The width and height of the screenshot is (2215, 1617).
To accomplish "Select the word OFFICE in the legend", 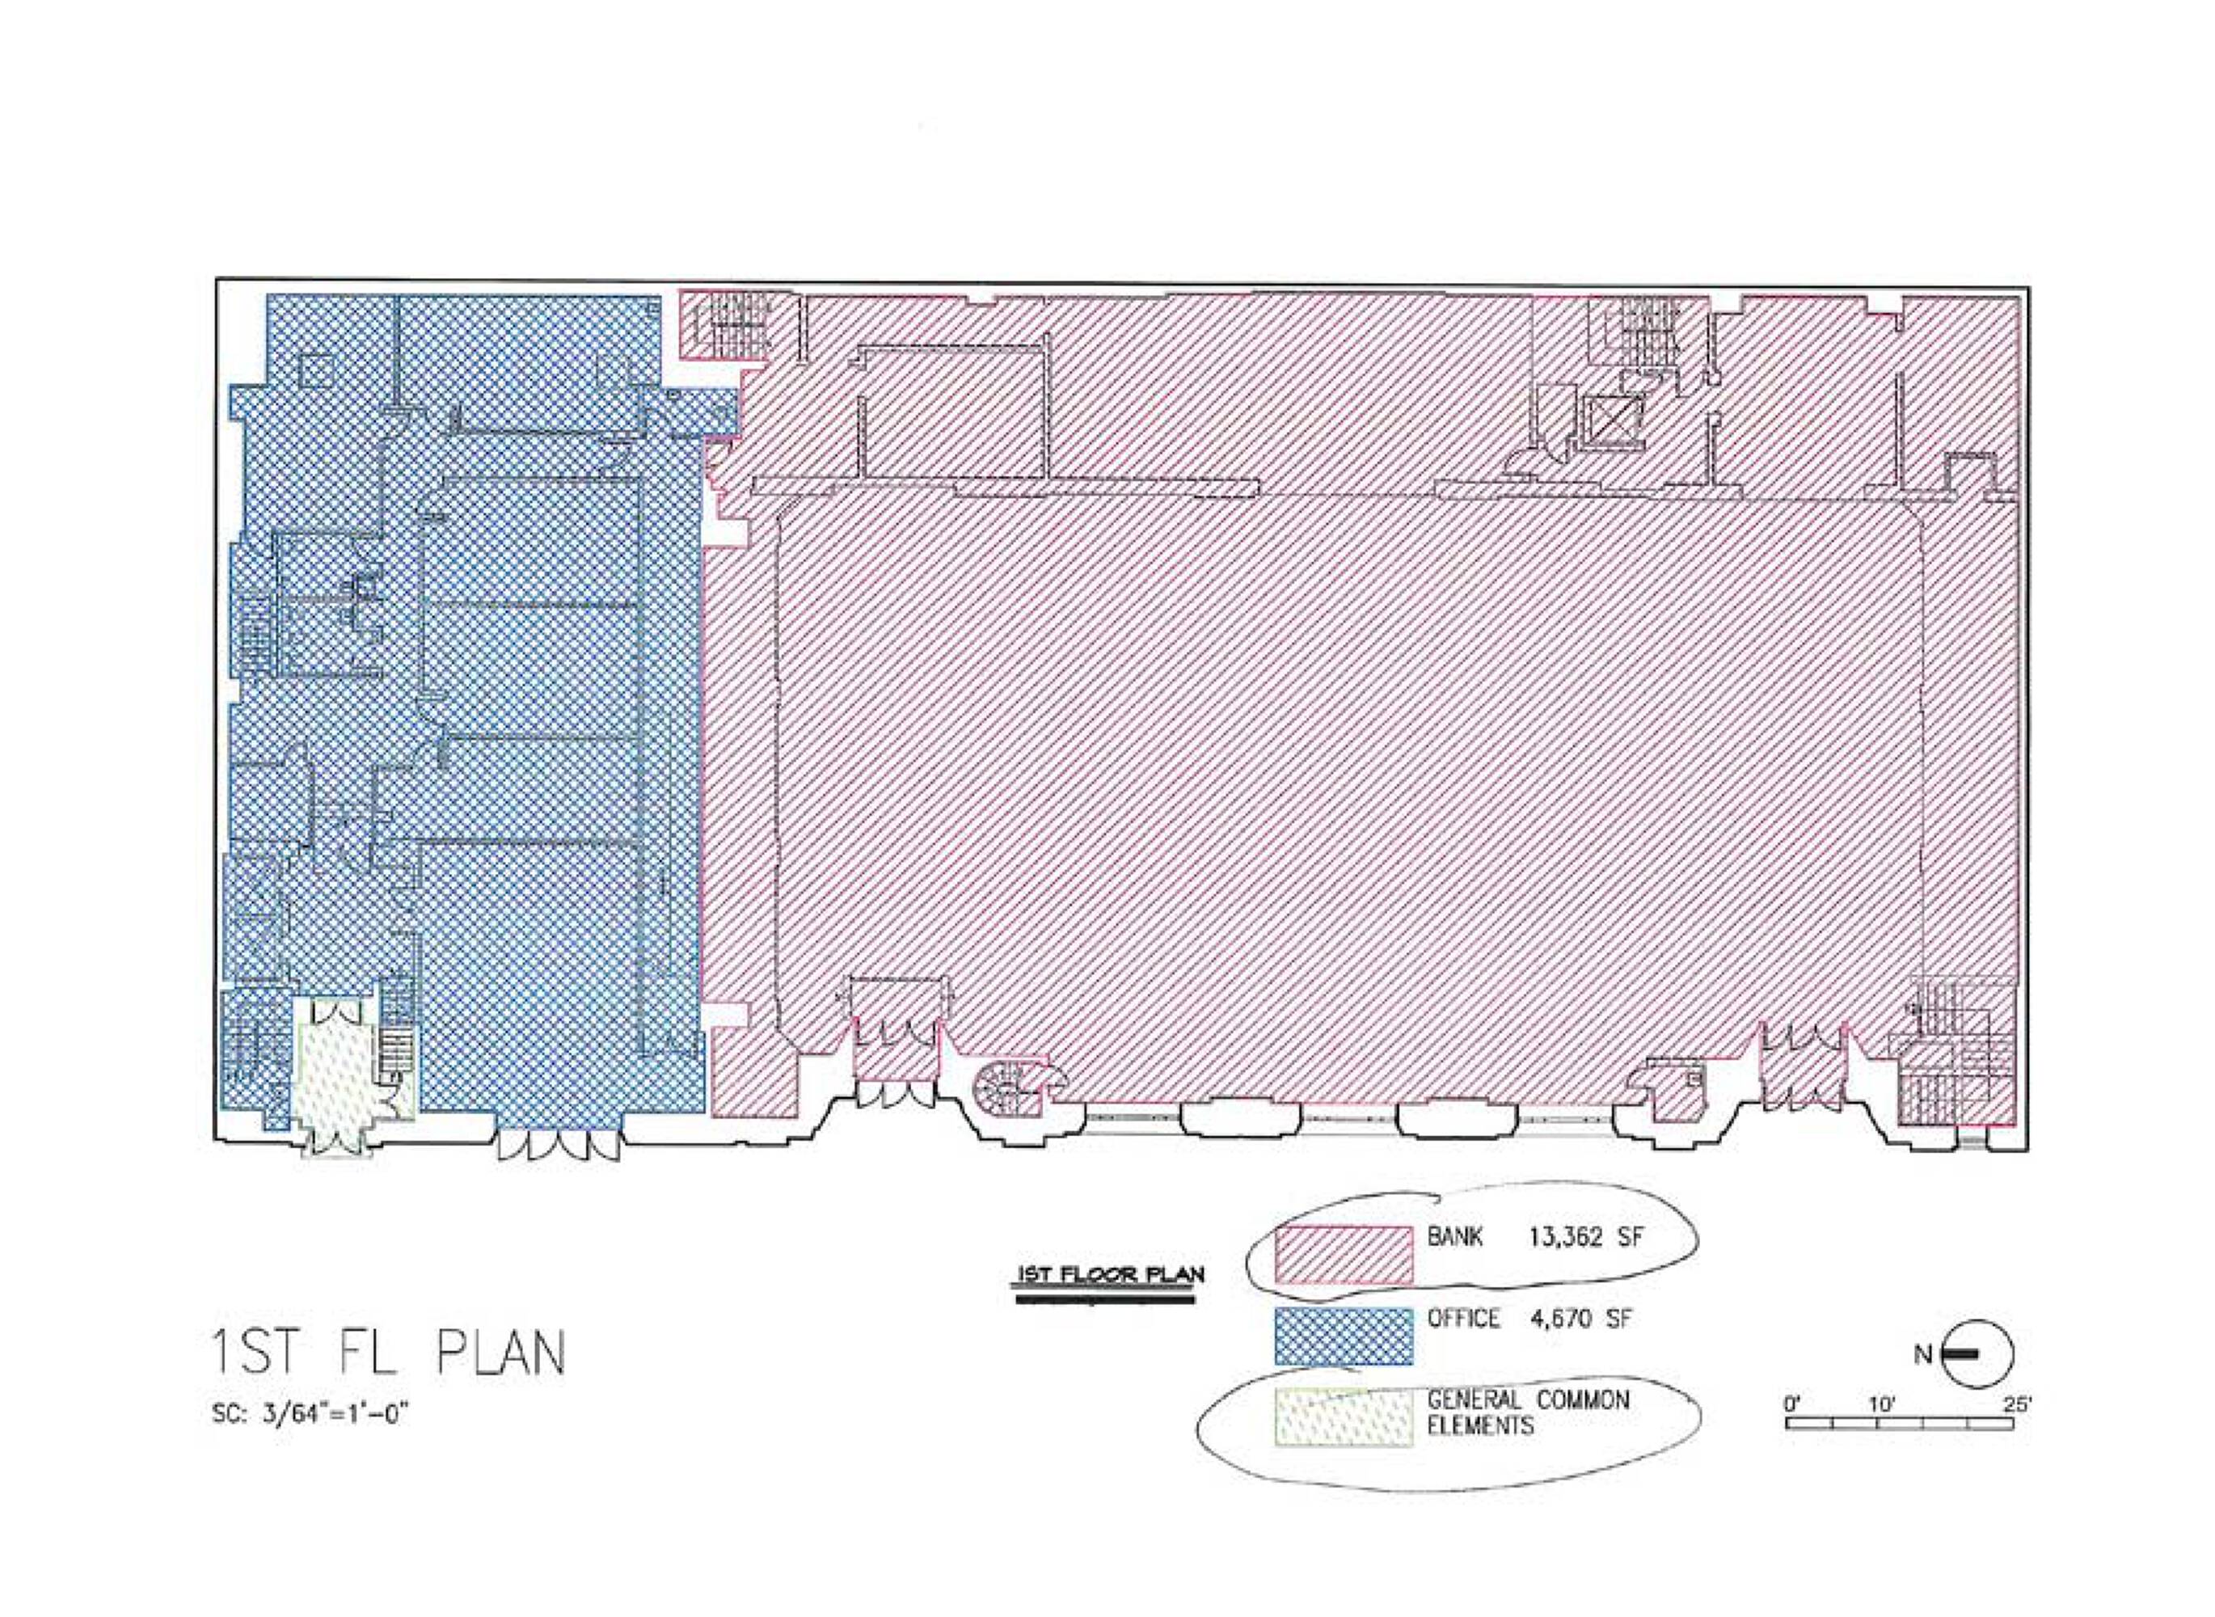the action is pyautogui.click(x=1463, y=1319).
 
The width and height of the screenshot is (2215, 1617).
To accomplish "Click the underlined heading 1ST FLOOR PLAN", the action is pyautogui.click(x=1110, y=1275).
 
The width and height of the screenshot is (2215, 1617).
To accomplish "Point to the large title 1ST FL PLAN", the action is pyautogui.click(x=389, y=1353).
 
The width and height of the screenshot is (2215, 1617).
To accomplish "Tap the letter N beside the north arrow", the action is pyautogui.click(x=1922, y=1355).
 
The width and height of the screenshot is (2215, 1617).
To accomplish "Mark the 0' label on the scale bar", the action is pyautogui.click(x=1792, y=1404).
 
